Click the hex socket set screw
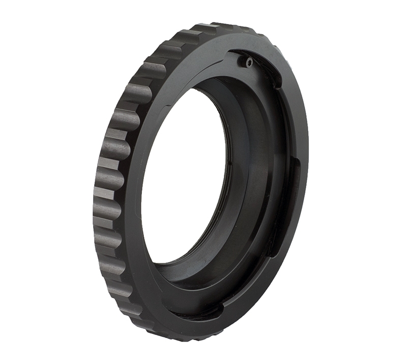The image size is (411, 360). (248, 62)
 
